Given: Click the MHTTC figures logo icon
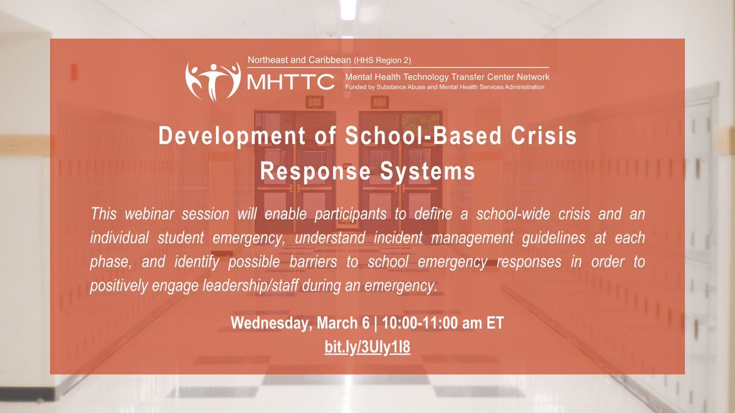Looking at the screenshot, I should click(213, 80).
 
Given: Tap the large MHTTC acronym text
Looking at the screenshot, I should click(290, 81).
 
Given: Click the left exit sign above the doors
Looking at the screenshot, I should click(315, 102).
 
